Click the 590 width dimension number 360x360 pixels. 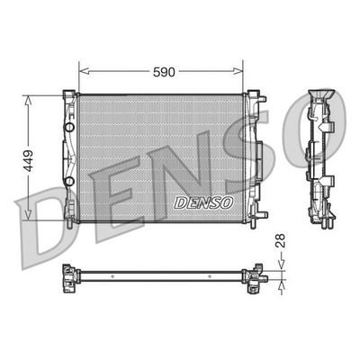coord(164,72)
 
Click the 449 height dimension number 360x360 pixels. coord(29,161)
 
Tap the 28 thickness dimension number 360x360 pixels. coord(280,240)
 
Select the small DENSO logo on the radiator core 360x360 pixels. coord(203,202)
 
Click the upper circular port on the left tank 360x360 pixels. coord(70,127)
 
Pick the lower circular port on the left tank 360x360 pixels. coord(70,181)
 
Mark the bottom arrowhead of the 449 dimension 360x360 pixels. coord(28,214)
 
